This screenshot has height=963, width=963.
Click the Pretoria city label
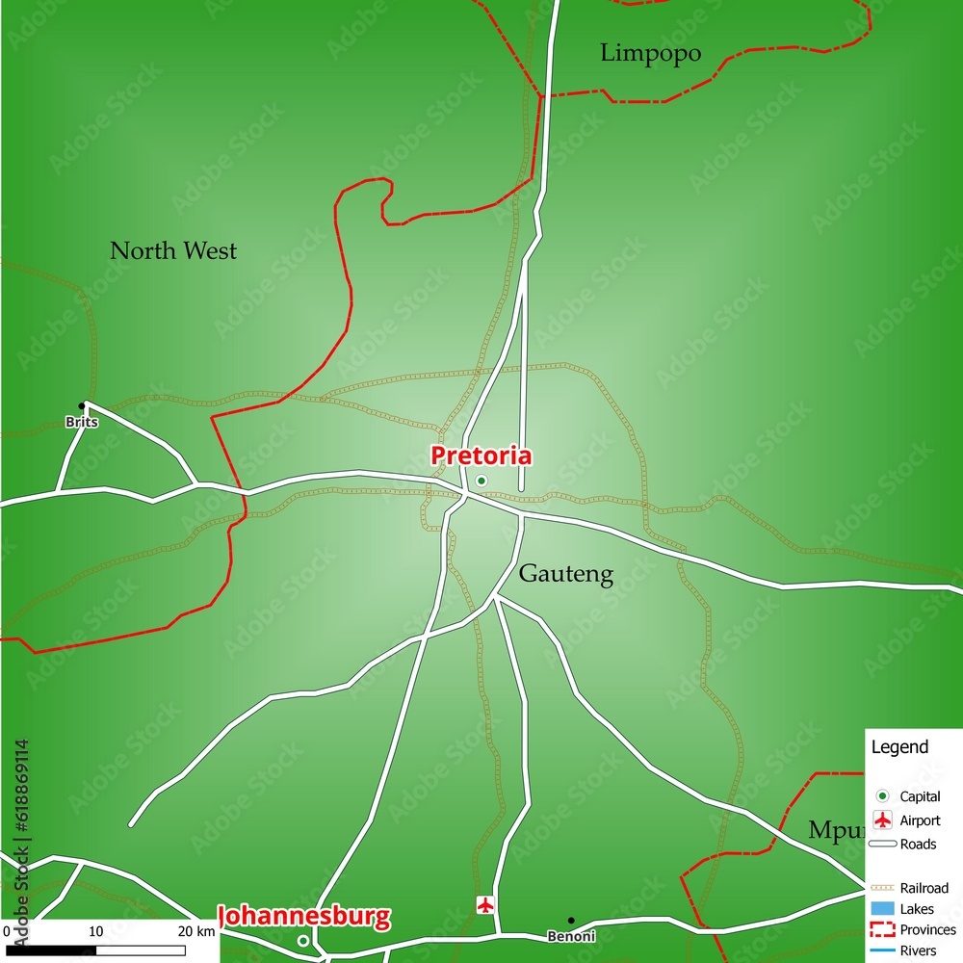481,455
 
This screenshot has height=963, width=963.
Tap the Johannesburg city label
305,916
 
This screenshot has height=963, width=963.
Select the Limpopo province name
650,53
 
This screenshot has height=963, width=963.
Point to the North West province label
173,251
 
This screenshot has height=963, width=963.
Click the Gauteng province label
565,574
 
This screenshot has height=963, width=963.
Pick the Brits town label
82,422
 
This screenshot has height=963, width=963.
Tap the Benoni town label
571,936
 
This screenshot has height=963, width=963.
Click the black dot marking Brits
83,405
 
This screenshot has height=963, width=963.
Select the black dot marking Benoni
570,921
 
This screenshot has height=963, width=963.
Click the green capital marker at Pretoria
481,481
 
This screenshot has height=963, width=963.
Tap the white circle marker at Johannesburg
303,941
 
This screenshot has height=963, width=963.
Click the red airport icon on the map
485,905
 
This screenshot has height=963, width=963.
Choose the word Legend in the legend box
899,746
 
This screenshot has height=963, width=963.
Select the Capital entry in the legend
920,796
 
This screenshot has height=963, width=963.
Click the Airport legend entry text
920,820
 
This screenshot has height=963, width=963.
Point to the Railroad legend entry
924,887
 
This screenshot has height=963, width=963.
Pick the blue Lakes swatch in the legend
882,909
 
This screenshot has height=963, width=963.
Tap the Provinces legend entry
927,929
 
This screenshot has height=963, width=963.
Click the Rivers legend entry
918,950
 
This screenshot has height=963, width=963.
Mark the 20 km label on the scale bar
196,931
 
